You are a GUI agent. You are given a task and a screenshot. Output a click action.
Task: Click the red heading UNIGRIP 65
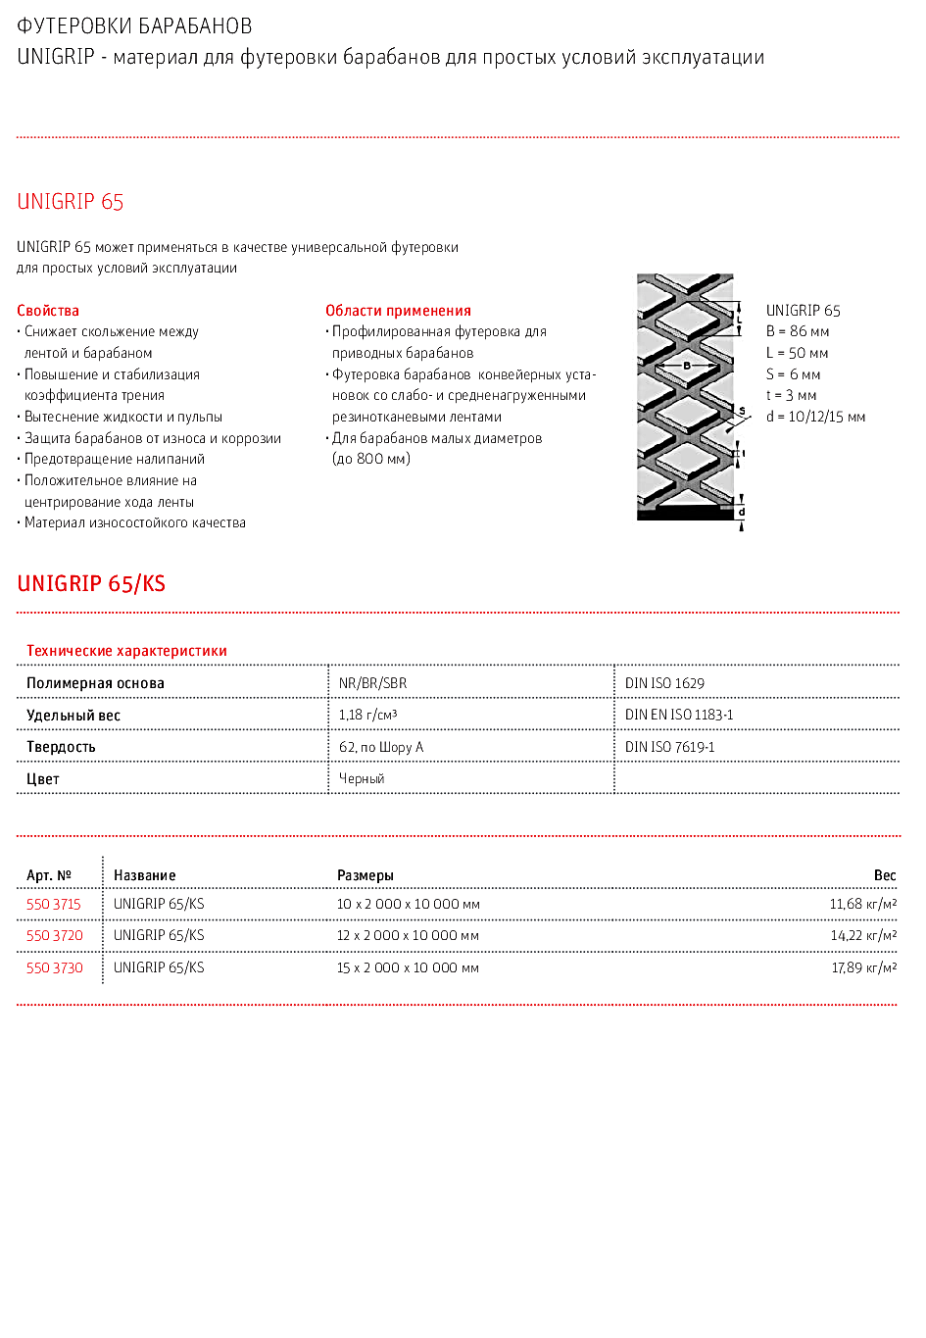point(71,202)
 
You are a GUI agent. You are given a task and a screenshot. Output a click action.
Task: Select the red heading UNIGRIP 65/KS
point(91,584)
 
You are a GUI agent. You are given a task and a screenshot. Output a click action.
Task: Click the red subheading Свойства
point(48,311)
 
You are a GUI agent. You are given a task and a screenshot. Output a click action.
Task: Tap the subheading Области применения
point(398,311)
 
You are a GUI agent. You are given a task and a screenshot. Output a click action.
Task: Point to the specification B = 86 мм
point(798,332)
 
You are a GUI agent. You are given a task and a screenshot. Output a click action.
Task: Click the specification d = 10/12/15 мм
point(815,417)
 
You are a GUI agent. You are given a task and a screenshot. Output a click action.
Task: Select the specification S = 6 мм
point(793,374)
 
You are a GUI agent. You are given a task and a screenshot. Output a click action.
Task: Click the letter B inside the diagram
point(687,366)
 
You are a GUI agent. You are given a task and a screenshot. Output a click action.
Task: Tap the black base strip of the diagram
point(685,513)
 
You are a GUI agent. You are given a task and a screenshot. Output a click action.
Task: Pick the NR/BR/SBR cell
point(372,683)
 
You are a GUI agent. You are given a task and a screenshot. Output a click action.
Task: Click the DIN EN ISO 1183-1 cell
point(679,715)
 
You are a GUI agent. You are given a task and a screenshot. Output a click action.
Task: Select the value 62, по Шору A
point(381,747)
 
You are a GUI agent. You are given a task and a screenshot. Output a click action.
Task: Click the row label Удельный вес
point(73,716)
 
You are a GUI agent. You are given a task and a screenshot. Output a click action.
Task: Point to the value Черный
point(362,778)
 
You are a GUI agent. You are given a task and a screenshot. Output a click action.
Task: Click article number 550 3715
point(54,904)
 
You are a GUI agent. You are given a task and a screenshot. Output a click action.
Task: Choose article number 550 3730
point(55,967)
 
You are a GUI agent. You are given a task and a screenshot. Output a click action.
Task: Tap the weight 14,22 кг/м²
point(863,935)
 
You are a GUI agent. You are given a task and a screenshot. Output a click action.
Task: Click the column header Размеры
point(366,875)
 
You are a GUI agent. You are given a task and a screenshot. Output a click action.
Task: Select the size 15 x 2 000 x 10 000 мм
point(408,967)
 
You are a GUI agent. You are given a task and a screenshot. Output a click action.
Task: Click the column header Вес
point(885,875)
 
